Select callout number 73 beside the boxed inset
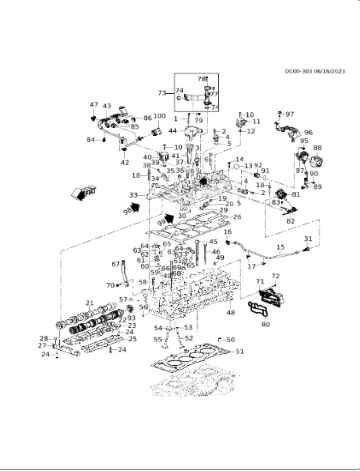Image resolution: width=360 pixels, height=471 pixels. coord(161,93)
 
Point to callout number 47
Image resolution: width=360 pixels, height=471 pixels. coord(94,105)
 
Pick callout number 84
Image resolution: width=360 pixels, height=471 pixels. coord(89,140)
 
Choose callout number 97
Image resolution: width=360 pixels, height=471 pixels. coord(290,115)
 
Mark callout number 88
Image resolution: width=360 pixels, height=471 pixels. coord(317,149)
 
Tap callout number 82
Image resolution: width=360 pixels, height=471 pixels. coord(290,220)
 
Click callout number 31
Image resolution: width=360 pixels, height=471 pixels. coord(308,239)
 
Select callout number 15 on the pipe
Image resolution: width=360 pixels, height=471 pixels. coord(280,247)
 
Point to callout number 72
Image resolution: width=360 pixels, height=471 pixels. coord(275,276)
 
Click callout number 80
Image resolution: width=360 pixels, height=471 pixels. coord(265,324)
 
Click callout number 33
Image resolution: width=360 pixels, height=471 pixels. coord(134,195)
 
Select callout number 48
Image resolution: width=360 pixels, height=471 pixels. coord(231,313)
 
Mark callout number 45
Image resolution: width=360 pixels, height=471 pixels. coord(213,241)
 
